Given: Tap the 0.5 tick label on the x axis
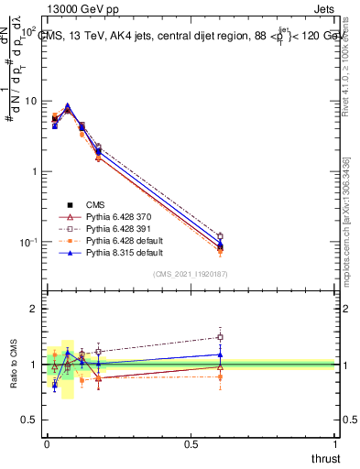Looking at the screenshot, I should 191,444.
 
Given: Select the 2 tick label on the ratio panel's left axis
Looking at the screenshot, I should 35,309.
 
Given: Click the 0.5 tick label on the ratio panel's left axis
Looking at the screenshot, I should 30,420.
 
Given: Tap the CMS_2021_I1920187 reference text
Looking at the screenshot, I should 191,274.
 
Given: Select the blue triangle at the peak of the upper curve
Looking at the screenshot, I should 67,106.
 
